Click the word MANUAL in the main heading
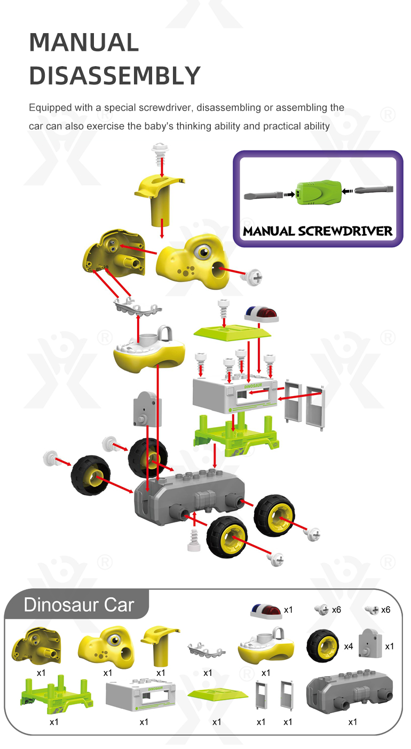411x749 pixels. [x=84, y=43]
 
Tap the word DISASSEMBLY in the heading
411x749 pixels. [x=115, y=76]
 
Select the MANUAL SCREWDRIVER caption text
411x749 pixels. [x=318, y=231]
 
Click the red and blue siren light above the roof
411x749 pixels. [x=261, y=314]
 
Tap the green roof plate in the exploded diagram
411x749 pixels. [x=232, y=333]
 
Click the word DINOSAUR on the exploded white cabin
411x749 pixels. [x=253, y=386]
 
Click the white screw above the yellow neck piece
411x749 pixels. [x=160, y=153]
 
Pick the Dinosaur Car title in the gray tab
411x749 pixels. [x=79, y=605]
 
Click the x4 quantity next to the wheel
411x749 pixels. [x=349, y=646]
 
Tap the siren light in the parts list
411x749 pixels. [x=265, y=611]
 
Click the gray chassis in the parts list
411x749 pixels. [x=350, y=691]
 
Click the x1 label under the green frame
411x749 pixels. [x=54, y=722]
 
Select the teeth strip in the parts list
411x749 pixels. [x=207, y=650]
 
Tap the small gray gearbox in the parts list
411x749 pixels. [x=370, y=643]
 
